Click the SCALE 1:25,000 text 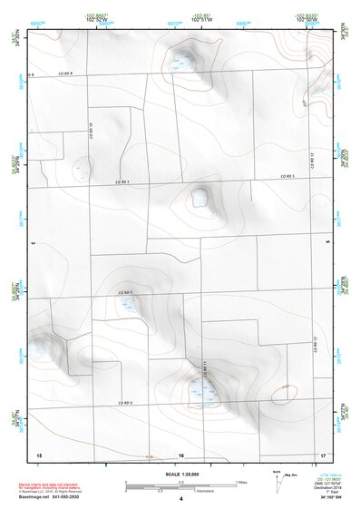[x=180, y=474]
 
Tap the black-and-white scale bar [x=180, y=485]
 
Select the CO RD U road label [x=125, y=402]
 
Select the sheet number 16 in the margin [x=180, y=455]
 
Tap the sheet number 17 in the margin [x=323, y=454]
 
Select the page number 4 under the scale [x=180, y=499]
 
